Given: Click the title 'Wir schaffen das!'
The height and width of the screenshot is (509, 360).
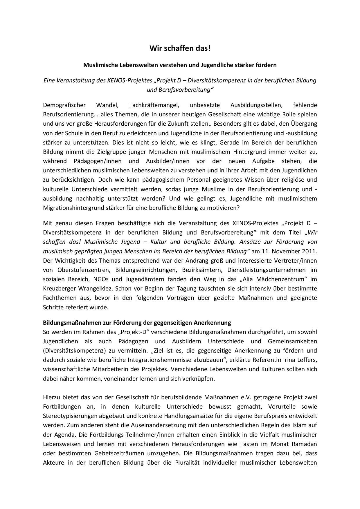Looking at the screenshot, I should (180, 48).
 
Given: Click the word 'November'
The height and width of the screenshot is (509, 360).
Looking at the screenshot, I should (286, 251).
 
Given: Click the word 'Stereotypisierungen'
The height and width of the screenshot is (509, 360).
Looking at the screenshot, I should (69, 416).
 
